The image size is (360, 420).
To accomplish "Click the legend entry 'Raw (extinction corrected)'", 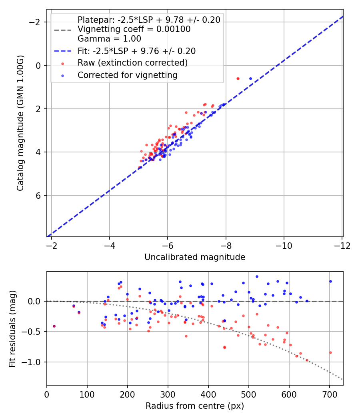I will point(132,63).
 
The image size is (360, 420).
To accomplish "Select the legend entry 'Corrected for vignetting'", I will point(127,75).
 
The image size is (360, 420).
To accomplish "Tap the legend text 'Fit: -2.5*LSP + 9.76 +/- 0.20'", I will point(136,51).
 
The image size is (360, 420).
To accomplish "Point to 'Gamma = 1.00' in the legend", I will point(109,39).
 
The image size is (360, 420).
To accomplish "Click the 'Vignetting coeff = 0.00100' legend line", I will point(134,29).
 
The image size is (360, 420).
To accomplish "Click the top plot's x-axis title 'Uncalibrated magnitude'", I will point(195,257).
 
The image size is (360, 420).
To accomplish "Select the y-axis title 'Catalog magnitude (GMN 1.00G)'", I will point(21,123).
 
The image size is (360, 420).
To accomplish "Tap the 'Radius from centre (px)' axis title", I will point(195,406).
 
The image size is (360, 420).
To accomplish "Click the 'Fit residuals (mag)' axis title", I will point(12,328).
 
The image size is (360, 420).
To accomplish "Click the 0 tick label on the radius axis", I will point(47,394).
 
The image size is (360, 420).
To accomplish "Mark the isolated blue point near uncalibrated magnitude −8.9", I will point(250,78).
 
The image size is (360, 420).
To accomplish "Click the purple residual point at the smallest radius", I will point(54,326).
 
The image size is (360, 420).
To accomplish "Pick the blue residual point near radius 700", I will point(330,281).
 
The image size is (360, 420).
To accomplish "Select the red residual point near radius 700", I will point(330,352).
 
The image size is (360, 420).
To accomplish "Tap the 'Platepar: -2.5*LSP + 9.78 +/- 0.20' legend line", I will point(149,20).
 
